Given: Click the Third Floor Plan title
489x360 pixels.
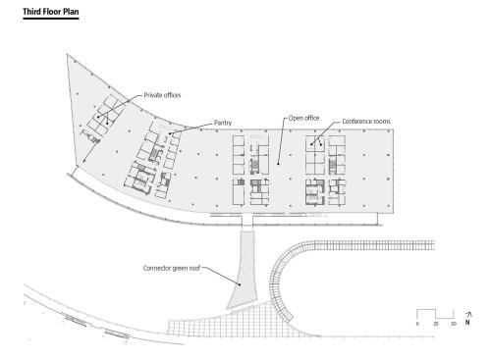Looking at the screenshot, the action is click(51, 12).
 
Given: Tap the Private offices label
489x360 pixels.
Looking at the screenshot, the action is click(162, 95).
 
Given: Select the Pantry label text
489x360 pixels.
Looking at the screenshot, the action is click(223, 123).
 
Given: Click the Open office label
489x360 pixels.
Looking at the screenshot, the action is click(303, 118).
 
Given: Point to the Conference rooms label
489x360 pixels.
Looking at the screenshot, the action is click(366, 122).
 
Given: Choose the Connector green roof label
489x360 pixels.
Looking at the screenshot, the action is click(172, 268).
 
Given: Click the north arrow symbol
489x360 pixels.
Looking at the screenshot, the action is click(468, 315).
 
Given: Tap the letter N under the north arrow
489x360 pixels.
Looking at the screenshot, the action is click(467, 323).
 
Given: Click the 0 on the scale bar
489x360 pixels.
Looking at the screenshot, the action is click(417, 324).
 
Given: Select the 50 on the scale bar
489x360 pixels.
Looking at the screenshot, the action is click(454, 324).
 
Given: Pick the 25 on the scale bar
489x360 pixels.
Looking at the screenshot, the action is click(436, 324).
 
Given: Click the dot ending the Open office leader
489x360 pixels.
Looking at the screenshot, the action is click(278, 164).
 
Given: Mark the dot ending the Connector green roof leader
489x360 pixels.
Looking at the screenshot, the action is click(240, 284).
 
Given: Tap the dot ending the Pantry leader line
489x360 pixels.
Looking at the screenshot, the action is click(170, 133).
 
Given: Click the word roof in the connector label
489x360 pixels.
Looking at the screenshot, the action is click(194, 268).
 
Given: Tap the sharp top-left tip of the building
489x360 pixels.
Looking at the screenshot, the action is click(67, 55).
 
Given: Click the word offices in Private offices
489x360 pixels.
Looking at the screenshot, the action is click(172, 95).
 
